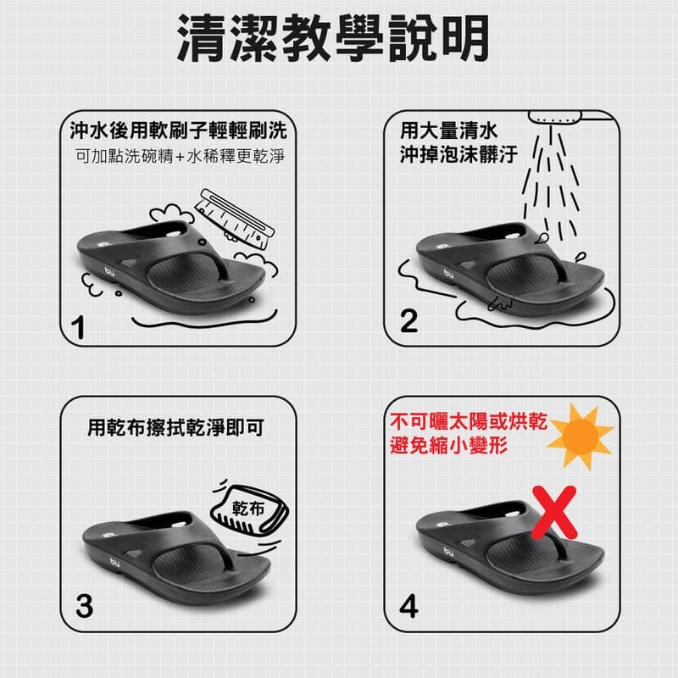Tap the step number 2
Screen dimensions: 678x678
[409, 321]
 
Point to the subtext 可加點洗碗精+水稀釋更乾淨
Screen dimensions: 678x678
[179, 157]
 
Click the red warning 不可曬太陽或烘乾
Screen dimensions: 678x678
[469, 421]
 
